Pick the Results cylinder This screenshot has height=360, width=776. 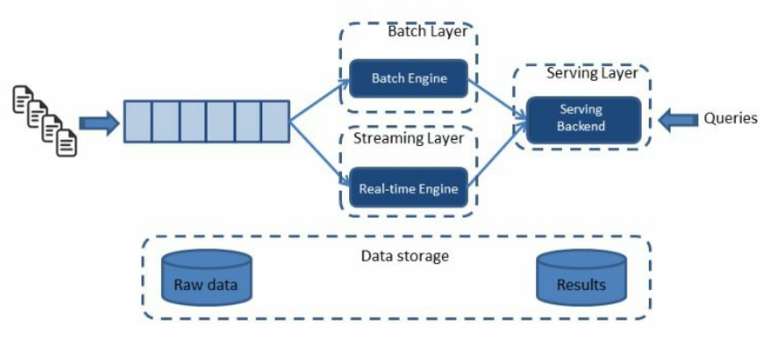[x=580, y=279]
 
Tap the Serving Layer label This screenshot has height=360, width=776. [x=592, y=73]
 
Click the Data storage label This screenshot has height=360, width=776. [x=405, y=256]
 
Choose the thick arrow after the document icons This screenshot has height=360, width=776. [x=98, y=123]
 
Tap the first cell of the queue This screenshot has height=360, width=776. [x=137, y=122]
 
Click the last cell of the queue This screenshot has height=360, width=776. [x=276, y=122]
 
